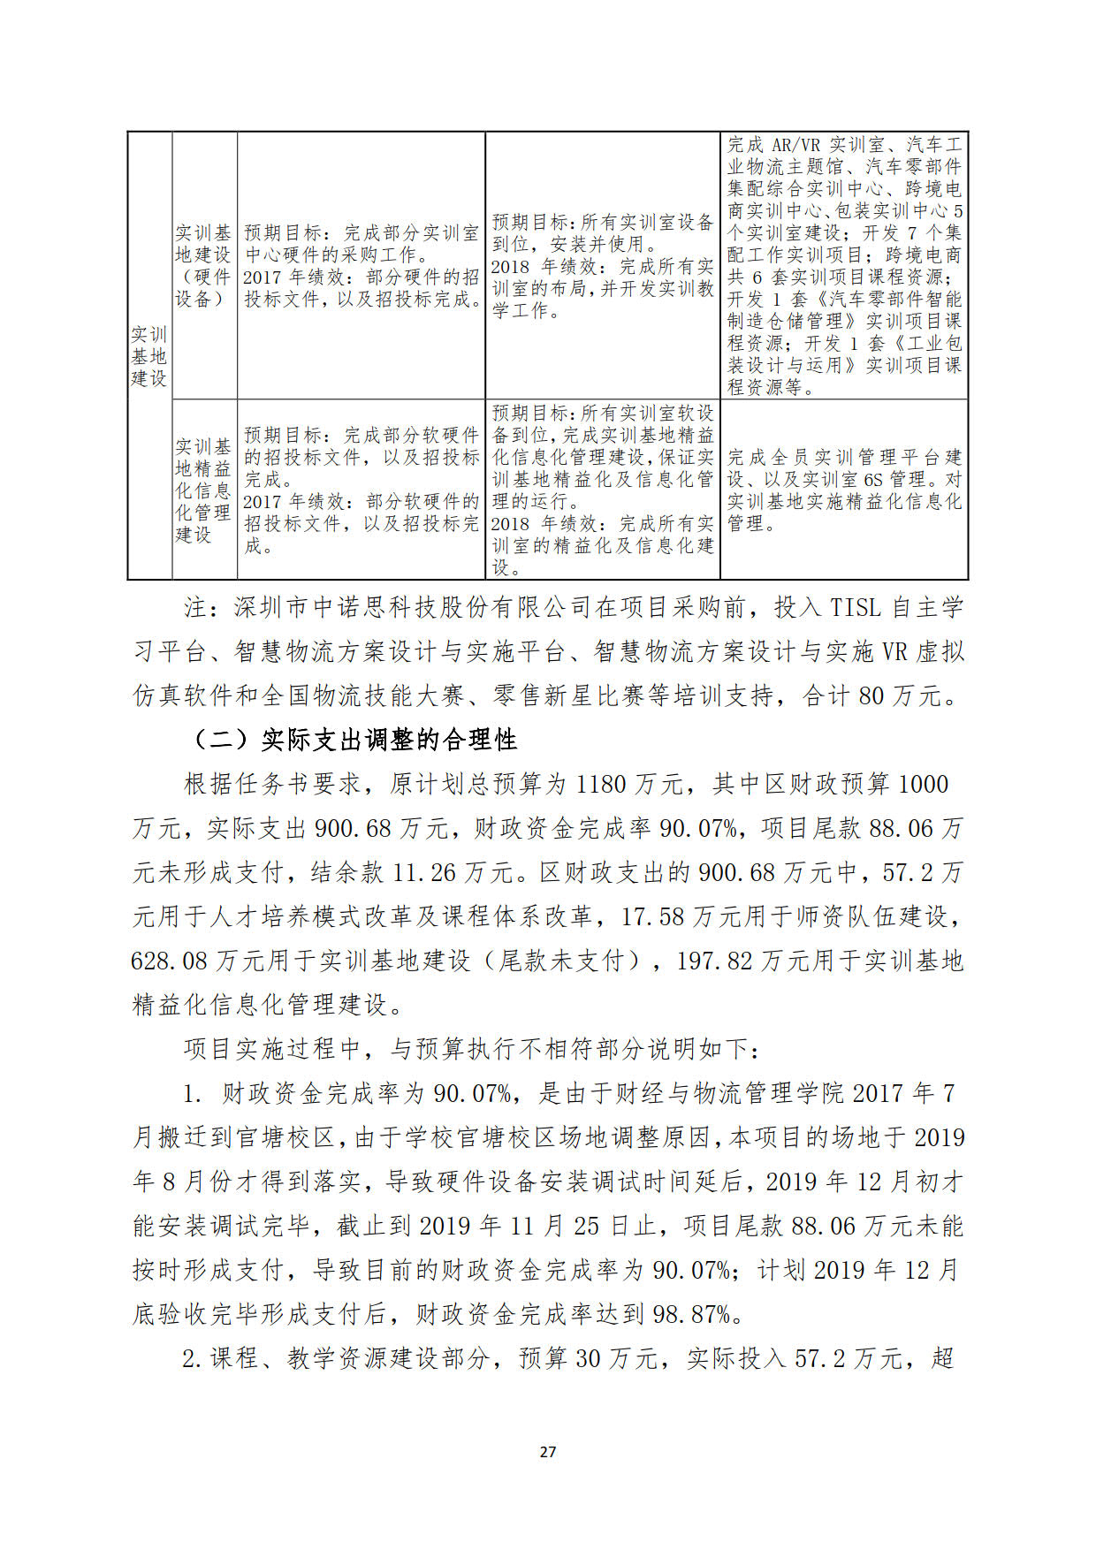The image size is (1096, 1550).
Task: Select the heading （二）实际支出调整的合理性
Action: tap(354, 740)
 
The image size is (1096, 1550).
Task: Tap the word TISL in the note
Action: tap(855, 607)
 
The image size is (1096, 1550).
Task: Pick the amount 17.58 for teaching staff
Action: tap(652, 916)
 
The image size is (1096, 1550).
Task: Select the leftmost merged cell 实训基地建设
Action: tap(148, 356)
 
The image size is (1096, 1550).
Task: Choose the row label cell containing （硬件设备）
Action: tap(202, 266)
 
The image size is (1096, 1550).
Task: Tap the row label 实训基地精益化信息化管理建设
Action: tap(202, 490)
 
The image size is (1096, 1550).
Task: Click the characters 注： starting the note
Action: tap(196, 607)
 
